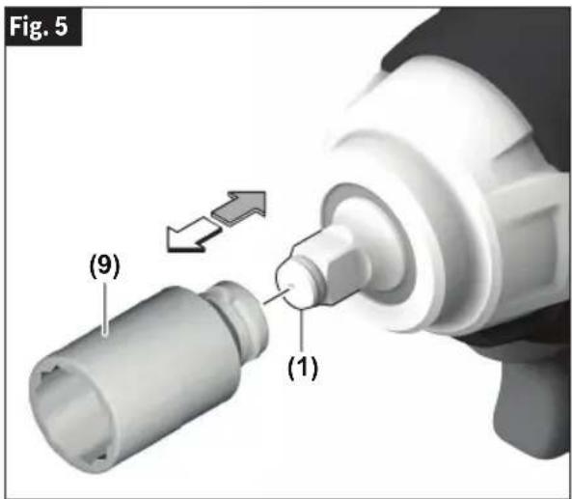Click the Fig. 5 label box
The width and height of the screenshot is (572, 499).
[43, 27]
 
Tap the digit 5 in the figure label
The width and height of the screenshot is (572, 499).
[62, 27]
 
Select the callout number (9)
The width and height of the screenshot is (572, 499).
[105, 266]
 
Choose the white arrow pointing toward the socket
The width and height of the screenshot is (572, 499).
[192, 235]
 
